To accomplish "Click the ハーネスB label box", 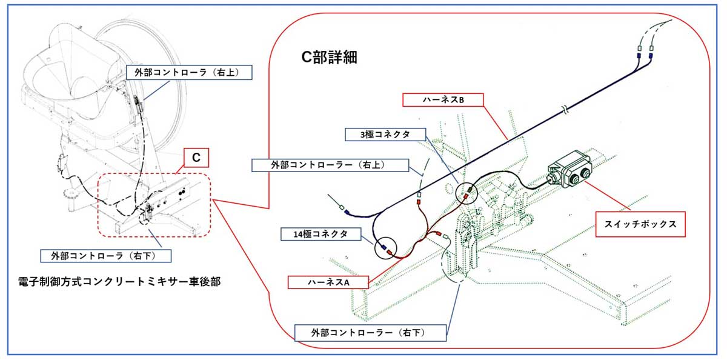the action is pyautogui.click(x=443, y=100).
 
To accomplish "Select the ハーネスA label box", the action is pyautogui.click(x=328, y=282).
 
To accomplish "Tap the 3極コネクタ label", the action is pyautogui.click(x=385, y=135).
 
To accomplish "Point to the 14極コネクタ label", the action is pyautogui.click(x=320, y=234).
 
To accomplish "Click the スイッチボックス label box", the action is pyautogui.click(x=640, y=224).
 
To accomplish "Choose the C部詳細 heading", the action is pyautogui.click(x=329, y=57).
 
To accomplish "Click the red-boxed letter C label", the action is pyautogui.click(x=196, y=158).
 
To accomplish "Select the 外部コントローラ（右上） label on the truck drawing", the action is pyautogui.click(x=189, y=72).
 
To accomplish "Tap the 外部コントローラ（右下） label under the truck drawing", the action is pyautogui.click(x=106, y=256).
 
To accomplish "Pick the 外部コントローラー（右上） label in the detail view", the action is pyautogui.click(x=330, y=165).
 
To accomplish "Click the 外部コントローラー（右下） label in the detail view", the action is pyautogui.click(x=370, y=333).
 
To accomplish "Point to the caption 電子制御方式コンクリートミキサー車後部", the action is pyautogui.click(x=119, y=281).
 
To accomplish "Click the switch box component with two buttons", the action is pyautogui.click(x=569, y=169).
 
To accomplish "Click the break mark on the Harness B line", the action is pyautogui.click(x=566, y=110).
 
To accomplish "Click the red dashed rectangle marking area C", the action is pyautogui.click(x=98, y=204).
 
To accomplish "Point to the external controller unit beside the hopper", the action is pyautogui.click(x=138, y=104).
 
